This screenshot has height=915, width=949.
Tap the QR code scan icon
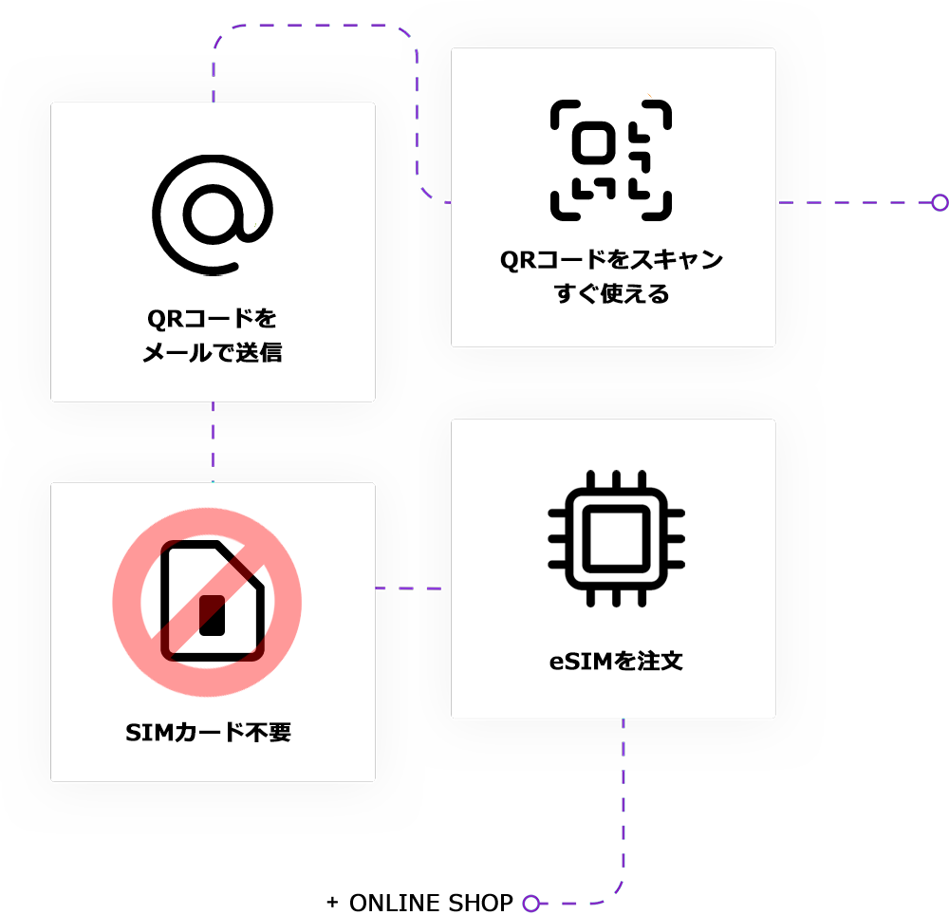611,159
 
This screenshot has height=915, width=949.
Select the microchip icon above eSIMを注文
616,539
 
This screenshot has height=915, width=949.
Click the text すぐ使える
612,294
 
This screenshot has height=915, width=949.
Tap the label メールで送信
213,353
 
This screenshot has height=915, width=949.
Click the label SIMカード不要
209,733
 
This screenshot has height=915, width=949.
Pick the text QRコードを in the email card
213,318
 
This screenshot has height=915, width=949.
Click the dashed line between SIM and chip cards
411,588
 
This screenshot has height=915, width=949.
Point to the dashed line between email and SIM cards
213,441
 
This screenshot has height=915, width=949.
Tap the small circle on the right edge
940,202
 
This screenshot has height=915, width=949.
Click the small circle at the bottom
531,903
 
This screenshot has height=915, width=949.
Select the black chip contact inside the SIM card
212,615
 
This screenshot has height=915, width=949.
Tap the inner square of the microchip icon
616,539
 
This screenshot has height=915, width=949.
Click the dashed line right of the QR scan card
802,202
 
